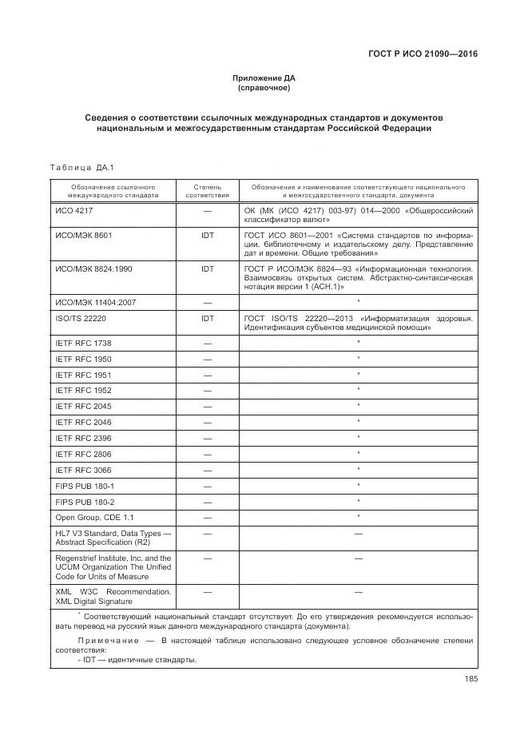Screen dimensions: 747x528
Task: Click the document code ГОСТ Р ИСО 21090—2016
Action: coord(427,54)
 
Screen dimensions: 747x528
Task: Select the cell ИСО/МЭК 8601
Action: coord(83,236)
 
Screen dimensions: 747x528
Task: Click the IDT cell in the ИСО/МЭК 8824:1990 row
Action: coord(207,269)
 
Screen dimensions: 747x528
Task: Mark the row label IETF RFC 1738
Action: coord(83,343)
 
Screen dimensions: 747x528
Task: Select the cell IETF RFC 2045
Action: coord(83,407)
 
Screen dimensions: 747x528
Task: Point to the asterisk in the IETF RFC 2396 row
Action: coord(359,438)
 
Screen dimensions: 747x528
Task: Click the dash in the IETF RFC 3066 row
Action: coord(207,470)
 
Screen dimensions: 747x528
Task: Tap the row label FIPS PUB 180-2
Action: coord(85,502)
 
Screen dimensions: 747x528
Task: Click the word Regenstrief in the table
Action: coord(77,557)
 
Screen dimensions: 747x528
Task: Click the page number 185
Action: coord(470,679)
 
